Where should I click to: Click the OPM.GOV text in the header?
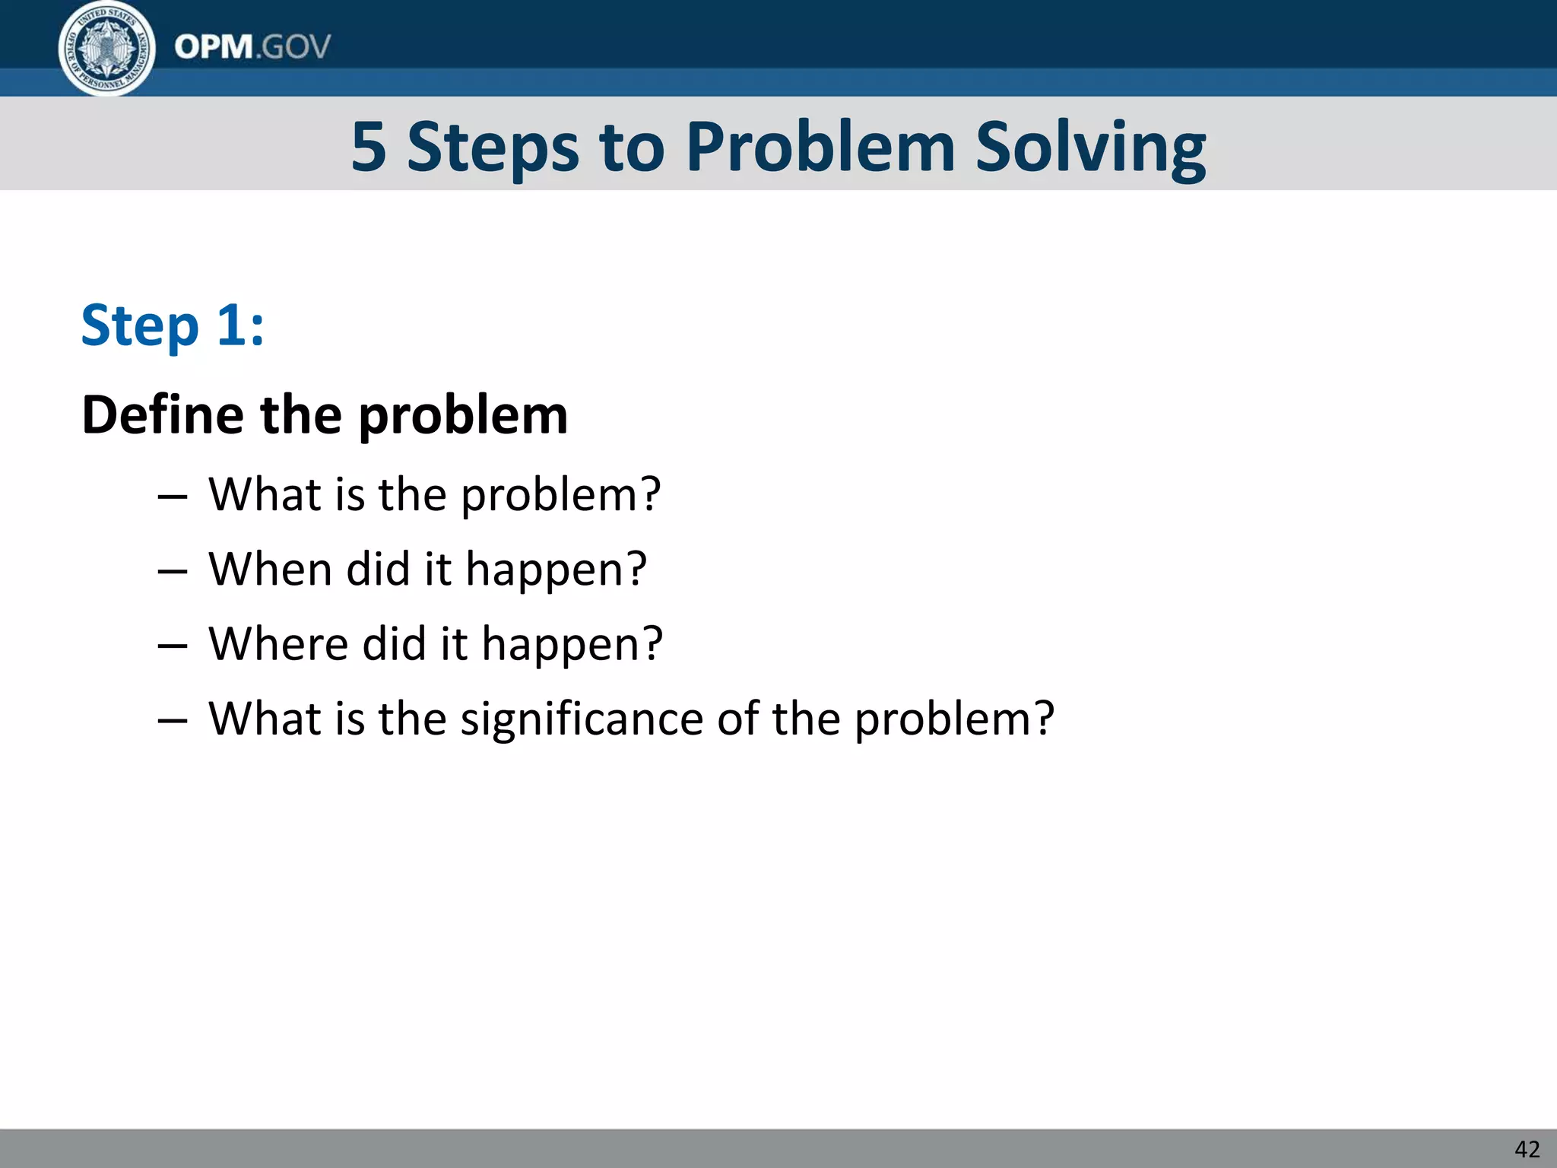coord(252,47)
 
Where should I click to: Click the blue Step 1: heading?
coord(173,325)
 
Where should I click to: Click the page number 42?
coord(1527,1149)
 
